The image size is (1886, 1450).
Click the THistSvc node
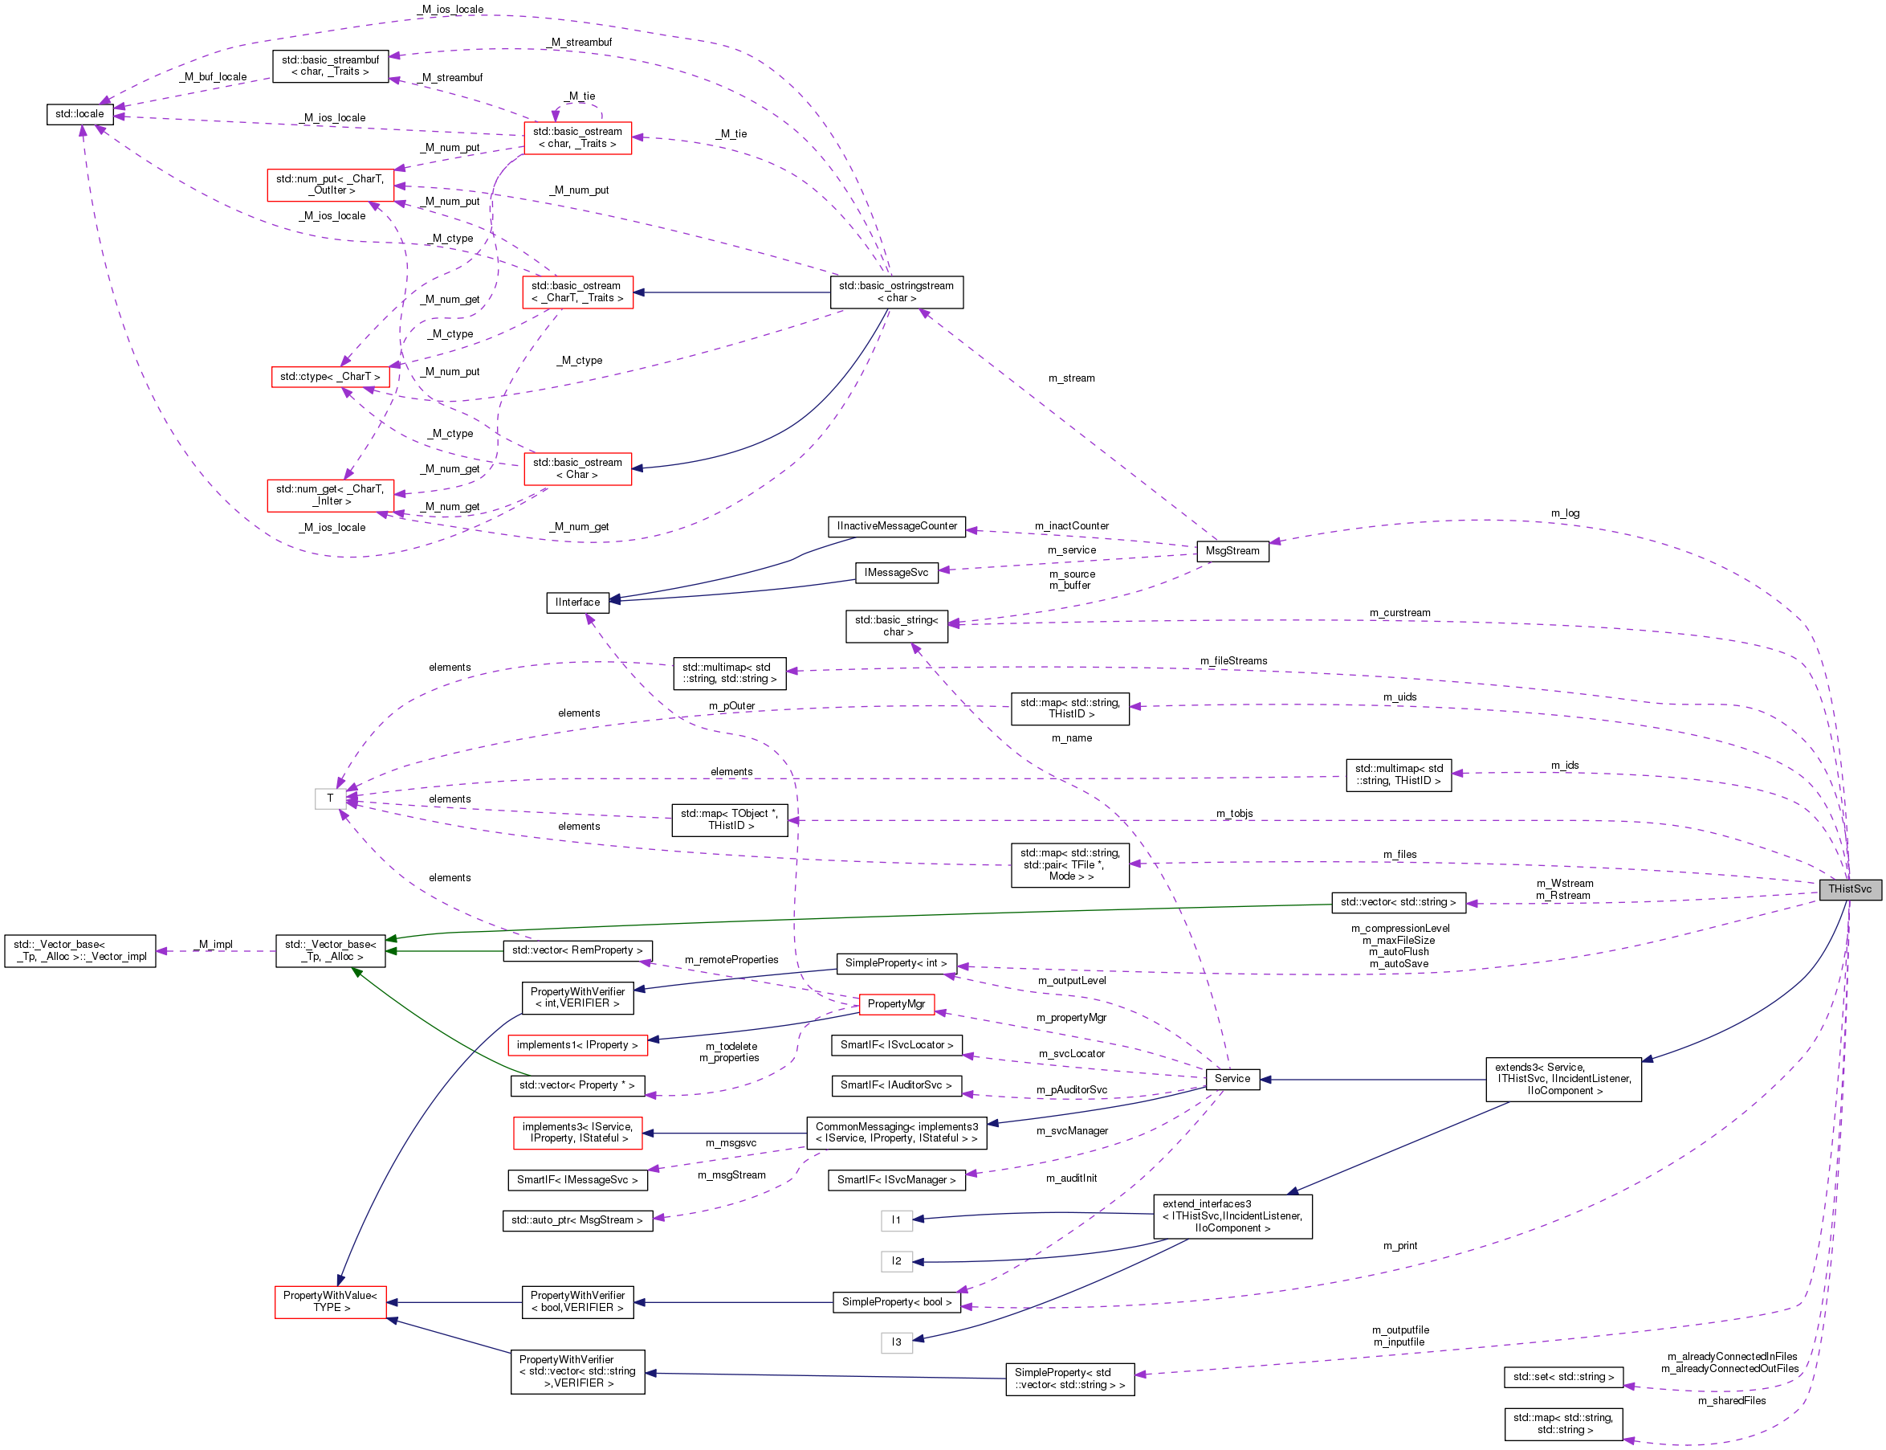coord(1849,889)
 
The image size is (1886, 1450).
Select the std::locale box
coord(79,114)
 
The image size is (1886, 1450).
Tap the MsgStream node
coord(1231,550)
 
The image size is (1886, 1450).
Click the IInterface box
coord(577,602)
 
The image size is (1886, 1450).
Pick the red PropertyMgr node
coord(895,1004)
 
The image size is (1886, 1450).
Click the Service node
coord(1231,1079)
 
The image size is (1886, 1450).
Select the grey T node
coord(329,799)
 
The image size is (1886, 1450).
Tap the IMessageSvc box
coord(895,573)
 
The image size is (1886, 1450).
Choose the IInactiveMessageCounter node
coord(895,525)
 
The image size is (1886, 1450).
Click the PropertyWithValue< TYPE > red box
coord(329,1301)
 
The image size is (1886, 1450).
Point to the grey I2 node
coord(895,1261)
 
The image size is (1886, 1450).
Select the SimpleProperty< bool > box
coord(895,1301)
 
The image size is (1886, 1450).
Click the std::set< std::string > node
coord(1562,1377)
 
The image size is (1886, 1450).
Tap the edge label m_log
coord(1564,513)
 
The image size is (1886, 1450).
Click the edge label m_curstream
coord(1399,613)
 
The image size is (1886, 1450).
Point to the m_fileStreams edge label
coord(1233,661)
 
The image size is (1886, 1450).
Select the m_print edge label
coord(1399,1245)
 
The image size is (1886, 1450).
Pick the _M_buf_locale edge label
coord(215,77)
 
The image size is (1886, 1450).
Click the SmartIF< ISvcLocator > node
coord(895,1045)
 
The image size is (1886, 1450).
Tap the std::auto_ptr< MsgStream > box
coord(576,1220)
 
